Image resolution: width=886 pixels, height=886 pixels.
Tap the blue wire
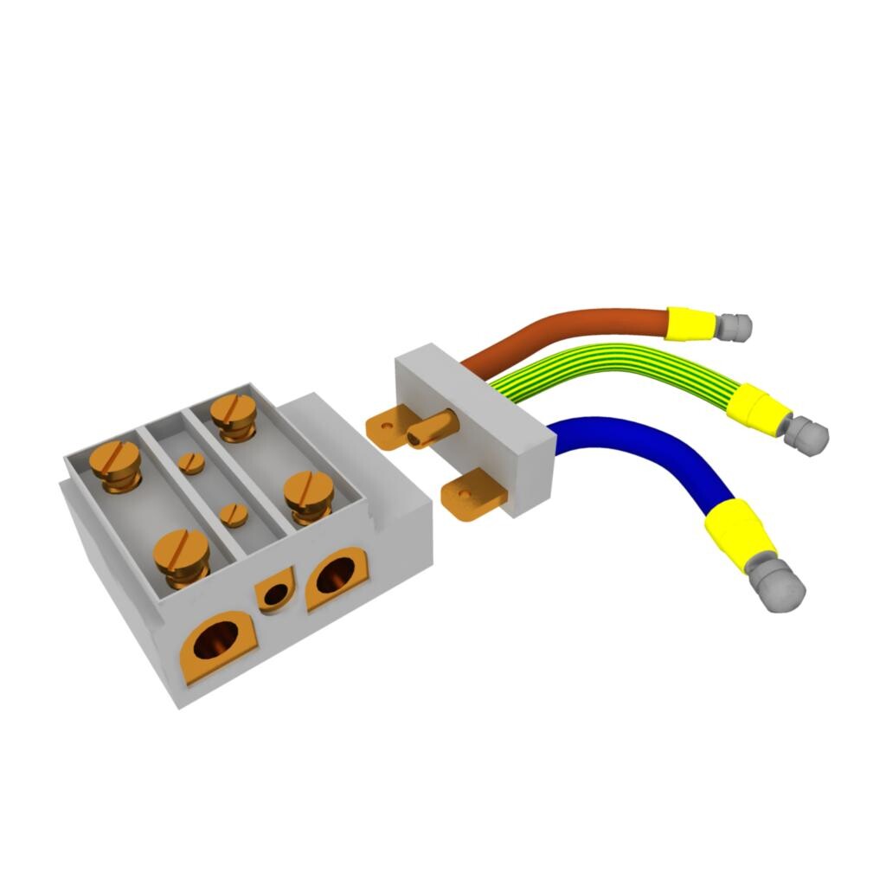(666, 450)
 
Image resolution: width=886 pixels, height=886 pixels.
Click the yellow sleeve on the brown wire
(690, 323)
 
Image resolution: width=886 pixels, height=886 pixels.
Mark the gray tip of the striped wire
(807, 433)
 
